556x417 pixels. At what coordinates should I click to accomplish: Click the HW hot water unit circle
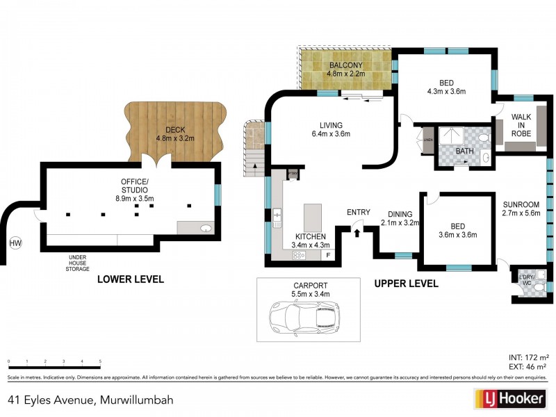pyautogui.click(x=15, y=243)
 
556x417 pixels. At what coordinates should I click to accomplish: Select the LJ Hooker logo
pyautogui.click(x=509, y=400)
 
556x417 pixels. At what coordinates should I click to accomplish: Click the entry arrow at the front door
pyautogui.click(x=358, y=231)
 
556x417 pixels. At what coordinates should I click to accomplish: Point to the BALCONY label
pyautogui.click(x=345, y=67)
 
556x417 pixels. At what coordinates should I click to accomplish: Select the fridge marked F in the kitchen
pyautogui.click(x=328, y=255)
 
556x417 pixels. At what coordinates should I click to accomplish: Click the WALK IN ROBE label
pyautogui.click(x=521, y=124)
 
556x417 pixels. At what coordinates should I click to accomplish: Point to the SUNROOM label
pyautogui.click(x=521, y=204)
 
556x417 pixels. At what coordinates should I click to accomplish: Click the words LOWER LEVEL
pyautogui.click(x=131, y=279)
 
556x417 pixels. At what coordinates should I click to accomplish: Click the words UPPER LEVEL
pyautogui.click(x=406, y=284)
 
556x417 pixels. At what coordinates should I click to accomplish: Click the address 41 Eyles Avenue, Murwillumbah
pyautogui.click(x=90, y=400)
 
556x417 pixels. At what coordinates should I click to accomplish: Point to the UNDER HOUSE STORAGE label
pyautogui.click(x=77, y=261)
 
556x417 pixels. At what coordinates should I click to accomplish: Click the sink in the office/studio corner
pyautogui.click(x=206, y=228)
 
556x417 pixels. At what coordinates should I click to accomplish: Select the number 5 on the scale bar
pyautogui.click(x=100, y=361)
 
